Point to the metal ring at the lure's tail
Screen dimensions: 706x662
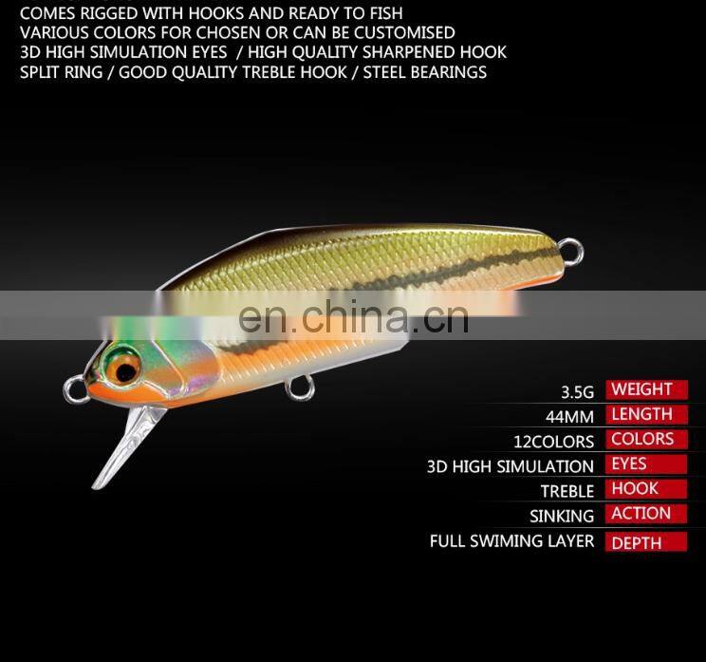click(571, 252)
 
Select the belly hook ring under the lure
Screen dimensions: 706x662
click(297, 387)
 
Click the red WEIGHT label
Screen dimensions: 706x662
click(645, 389)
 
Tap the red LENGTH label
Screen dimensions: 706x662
click(645, 414)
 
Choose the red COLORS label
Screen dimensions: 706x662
click(645, 439)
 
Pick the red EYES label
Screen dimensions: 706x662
click(645, 463)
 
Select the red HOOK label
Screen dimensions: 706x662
click(645, 488)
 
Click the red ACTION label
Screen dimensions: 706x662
click(645, 513)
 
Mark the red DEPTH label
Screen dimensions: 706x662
click(645, 543)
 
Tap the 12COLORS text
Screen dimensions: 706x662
click(554, 442)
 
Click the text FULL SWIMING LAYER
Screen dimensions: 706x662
click(511, 541)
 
